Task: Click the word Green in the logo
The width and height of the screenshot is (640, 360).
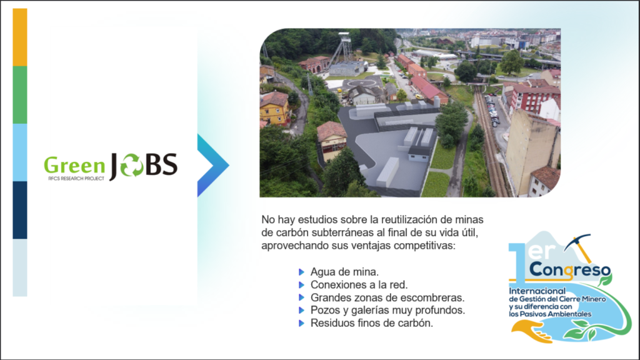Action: point(74,166)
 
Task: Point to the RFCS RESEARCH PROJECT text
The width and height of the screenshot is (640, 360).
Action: point(76,179)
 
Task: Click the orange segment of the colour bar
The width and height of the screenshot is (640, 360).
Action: point(20,37)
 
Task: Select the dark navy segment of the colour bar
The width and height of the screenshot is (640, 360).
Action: point(20,210)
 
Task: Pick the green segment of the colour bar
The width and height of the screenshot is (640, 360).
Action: point(20,95)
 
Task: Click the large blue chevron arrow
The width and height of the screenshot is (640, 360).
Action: point(212,165)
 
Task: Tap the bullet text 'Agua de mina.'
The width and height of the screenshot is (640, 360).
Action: point(344,271)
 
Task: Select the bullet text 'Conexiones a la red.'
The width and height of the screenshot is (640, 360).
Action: point(359,284)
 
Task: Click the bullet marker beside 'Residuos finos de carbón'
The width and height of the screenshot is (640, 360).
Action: point(302,323)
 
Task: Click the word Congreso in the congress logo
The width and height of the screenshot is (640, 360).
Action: point(570,270)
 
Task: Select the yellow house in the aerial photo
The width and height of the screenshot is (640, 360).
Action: point(274,108)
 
